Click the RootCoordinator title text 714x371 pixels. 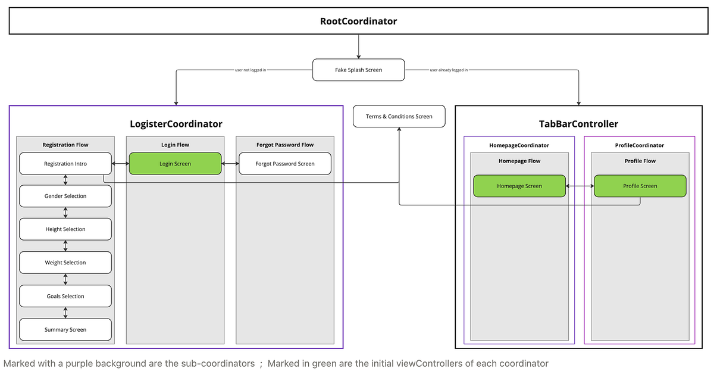[x=358, y=21]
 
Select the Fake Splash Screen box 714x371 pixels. [x=358, y=70]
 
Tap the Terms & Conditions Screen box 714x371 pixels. [x=399, y=116]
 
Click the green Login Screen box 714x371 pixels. [x=175, y=164]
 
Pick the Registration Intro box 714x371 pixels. [x=65, y=164]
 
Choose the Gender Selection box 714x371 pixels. [x=65, y=196]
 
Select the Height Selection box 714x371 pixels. [x=65, y=229]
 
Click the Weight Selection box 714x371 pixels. [x=65, y=263]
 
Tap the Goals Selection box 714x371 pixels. [x=65, y=296]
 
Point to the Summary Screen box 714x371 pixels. [x=65, y=329]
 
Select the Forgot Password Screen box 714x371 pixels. [x=285, y=164]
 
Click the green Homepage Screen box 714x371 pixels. [x=519, y=186]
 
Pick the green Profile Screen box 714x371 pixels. [x=640, y=186]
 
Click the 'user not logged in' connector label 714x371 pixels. [x=250, y=70]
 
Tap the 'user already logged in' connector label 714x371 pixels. [x=449, y=70]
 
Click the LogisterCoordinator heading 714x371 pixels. [x=176, y=124]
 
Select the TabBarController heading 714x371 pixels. [x=578, y=124]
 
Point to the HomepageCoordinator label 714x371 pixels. [x=519, y=145]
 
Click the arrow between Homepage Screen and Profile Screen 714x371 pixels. [x=580, y=186]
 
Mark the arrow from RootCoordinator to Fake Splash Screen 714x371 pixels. [x=358, y=46]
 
